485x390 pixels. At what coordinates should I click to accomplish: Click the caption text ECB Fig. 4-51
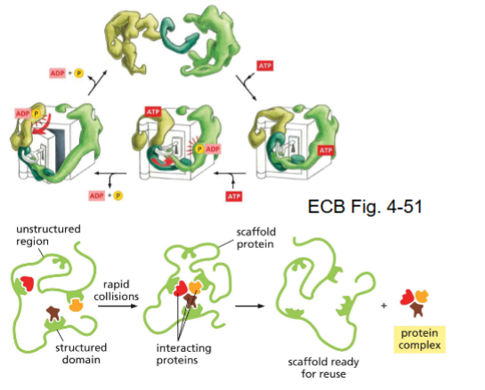tap(378, 209)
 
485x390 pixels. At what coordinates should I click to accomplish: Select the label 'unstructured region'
tap(48, 235)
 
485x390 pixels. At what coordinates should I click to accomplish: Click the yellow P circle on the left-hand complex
tap(36, 113)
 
